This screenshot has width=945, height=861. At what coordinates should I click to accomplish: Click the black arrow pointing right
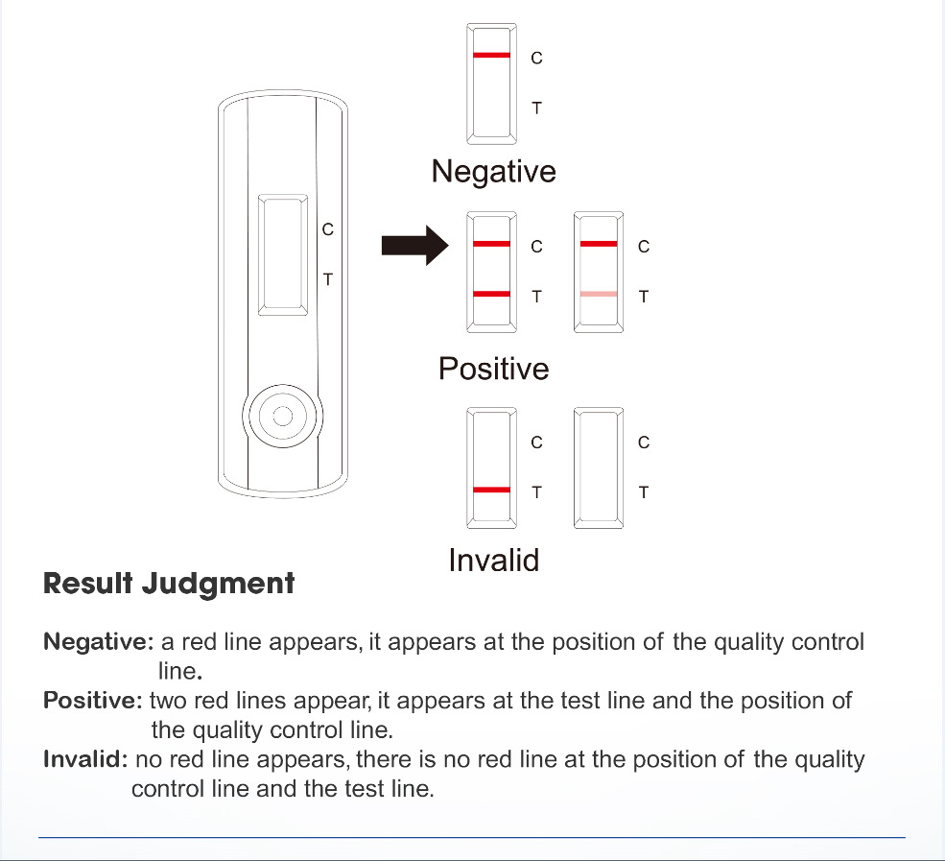click(x=414, y=246)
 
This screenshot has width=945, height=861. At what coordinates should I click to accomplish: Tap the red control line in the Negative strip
click(x=492, y=56)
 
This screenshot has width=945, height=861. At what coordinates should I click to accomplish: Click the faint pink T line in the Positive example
click(x=599, y=295)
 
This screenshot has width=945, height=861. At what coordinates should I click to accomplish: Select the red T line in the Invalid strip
click(x=492, y=490)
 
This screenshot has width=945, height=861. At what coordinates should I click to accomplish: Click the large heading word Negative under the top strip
click(x=493, y=172)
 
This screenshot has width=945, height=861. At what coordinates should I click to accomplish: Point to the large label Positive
click(x=493, y=369)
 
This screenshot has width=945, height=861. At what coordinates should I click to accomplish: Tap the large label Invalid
click(x=493, y=561)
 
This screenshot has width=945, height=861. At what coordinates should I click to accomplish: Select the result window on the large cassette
click(x=283, y=254)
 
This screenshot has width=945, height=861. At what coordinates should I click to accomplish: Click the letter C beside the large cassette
click(x=328, y=229)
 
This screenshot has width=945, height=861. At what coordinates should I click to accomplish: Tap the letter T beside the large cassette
click(x=328, y=279)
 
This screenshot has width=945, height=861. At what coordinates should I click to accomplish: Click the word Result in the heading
click(x=88, y=583)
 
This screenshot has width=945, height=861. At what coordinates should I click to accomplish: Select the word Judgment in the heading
click(x=218, y=585)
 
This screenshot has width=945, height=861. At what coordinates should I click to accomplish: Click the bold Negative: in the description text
click(x=99, y=641)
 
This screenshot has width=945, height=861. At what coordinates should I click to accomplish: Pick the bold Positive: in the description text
click(x=93, y=700)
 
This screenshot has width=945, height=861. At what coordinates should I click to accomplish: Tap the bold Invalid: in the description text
click(x=85, y=759)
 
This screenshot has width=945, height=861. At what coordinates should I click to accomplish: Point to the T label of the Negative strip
click(x=536, y=108)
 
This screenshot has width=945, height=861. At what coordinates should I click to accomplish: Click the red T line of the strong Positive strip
click(x=492, y=295)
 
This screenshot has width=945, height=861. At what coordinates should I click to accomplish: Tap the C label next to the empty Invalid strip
click(x=644, y=442)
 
